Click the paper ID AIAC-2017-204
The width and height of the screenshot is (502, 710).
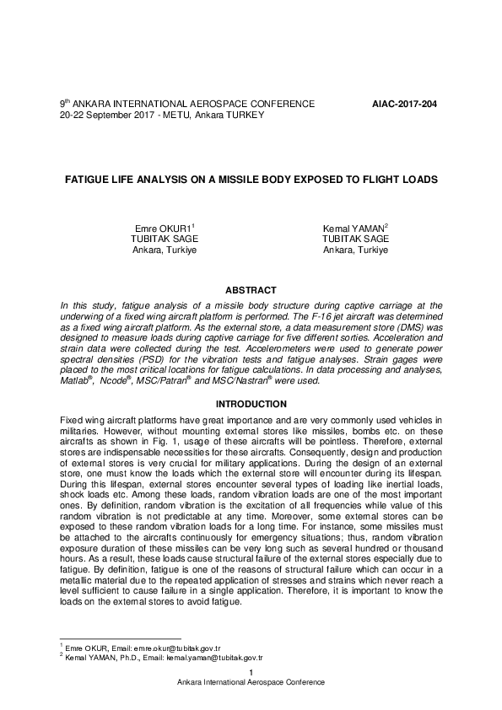coord(404,104)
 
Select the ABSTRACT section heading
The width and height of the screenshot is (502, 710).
coord(251,290)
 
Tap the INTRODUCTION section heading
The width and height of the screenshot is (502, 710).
coord(251,404)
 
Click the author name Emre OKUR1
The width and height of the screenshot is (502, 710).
coord(165,229)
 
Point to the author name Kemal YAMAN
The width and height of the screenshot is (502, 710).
coord(354,229)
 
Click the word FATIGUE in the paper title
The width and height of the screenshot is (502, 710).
coord(88,180)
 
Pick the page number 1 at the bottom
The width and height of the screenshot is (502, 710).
coord(251,672)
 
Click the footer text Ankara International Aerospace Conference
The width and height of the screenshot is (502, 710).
coord(251,682)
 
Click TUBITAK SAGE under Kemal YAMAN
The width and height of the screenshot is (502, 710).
coord(355,239)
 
